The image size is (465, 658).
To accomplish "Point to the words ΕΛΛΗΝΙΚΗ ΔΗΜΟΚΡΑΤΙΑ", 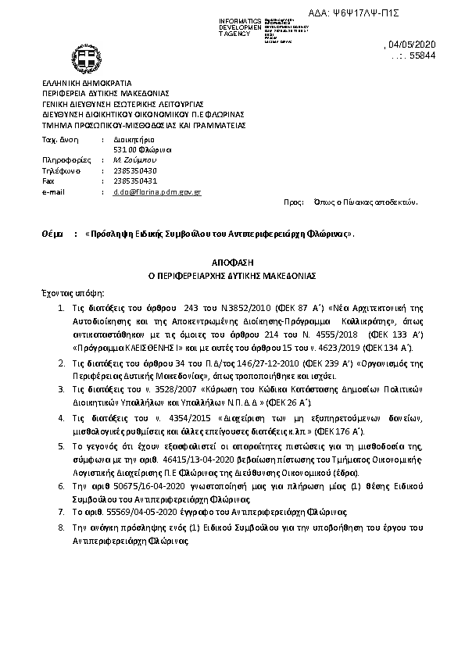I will [87, 82].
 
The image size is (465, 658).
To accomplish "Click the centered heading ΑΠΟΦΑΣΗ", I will [232, 265].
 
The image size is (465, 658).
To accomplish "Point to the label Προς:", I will [294, 202].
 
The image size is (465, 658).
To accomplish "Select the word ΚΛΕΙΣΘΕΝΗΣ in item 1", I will [143, 346].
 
